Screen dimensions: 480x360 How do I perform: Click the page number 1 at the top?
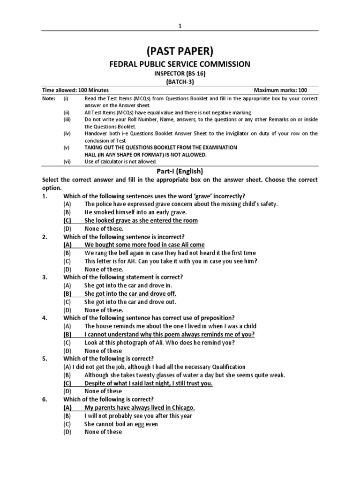(180, 26)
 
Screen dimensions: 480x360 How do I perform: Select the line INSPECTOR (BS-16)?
(180, 74)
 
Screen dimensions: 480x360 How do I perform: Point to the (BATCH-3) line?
(180, 82)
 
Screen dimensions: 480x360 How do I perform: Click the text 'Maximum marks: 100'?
(280, 90)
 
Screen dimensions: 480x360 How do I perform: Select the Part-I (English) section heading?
(180, 171)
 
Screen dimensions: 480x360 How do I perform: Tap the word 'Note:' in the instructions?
(49, 99)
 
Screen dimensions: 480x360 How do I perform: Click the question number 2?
(45, 237)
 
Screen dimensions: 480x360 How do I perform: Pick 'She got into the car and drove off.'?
(130, 293)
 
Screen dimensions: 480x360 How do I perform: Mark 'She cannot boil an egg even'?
(121, 424)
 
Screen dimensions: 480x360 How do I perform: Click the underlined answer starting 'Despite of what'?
(148, 383)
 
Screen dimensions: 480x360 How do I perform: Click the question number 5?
(45, 359)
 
